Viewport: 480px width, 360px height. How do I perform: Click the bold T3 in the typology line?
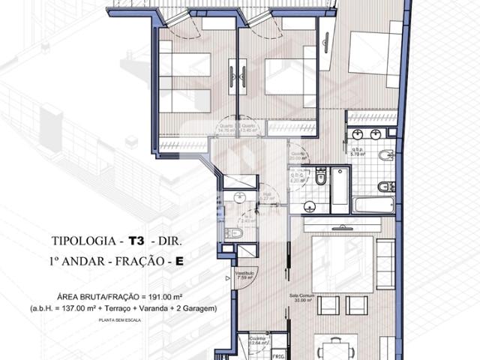click(136, 241)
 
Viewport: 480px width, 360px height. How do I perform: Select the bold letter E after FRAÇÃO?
click(179, 263)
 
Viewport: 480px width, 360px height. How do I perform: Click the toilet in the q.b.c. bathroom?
click(321, 178)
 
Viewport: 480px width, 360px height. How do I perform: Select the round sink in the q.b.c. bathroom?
click(308, 207)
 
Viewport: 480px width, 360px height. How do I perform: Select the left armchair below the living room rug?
click(331, 305)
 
